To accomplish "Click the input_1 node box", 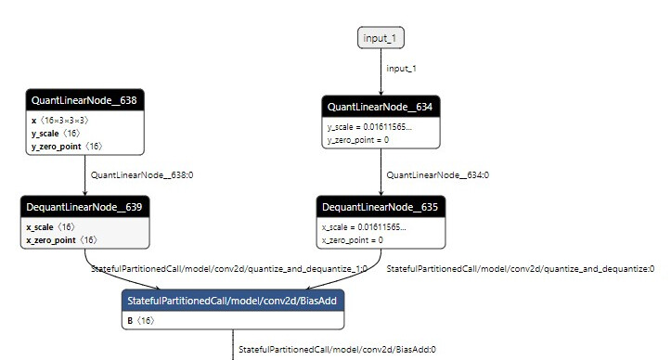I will click(x=381, y=38).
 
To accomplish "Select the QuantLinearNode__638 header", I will click(x=84, y=99).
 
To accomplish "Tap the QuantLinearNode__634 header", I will click(x=381, y=108).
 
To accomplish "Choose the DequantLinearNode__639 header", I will click(x=84, y=206).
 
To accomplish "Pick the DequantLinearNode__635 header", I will click(x=381, y=206).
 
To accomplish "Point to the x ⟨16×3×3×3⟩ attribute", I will click(x=60, y=120).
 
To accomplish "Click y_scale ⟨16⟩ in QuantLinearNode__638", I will click(x=56, y=133).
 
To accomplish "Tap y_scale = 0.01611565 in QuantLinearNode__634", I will click(x=368, y=126).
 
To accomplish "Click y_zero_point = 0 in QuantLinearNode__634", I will click(x=357, y=139).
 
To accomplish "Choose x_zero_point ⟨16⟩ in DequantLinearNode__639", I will click(x=61, y=239).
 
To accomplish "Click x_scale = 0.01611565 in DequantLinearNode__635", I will click(x=363, y=226).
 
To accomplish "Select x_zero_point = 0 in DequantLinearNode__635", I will click(x=352, y=239).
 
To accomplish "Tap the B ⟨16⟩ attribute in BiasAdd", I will click(x=140, y=320).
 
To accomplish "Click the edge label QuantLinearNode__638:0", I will click(x=141, y=174).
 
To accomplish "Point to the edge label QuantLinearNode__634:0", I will click(x=437, y=174).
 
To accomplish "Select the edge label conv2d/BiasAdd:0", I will click(x=337, y=350).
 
